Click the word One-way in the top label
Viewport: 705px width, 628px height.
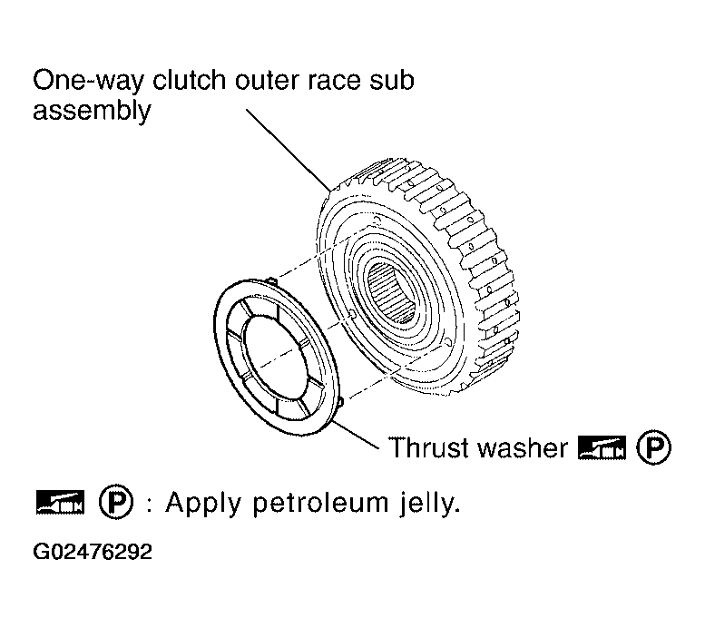[x=89, y=81]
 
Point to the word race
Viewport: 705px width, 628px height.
[x=334, y=82]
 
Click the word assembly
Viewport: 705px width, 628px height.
[x=92, y=111]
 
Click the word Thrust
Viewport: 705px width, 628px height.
[x=429, y=447]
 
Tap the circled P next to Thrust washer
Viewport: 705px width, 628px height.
[x=654, y=447]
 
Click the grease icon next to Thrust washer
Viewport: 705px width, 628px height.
[x=602, y=447]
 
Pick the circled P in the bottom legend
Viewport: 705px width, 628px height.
[x=116, y=501]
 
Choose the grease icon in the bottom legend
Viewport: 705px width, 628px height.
[x=60, y=502]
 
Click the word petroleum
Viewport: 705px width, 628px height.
[x=320, y=503]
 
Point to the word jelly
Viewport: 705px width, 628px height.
[x=429, y=504]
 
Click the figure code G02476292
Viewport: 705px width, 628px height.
[x=93, y=552]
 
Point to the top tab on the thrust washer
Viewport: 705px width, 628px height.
[x=272, y=280]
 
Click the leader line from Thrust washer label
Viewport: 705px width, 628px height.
[x=356, y=434]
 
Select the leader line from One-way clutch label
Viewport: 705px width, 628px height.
[x=289, y=150]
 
